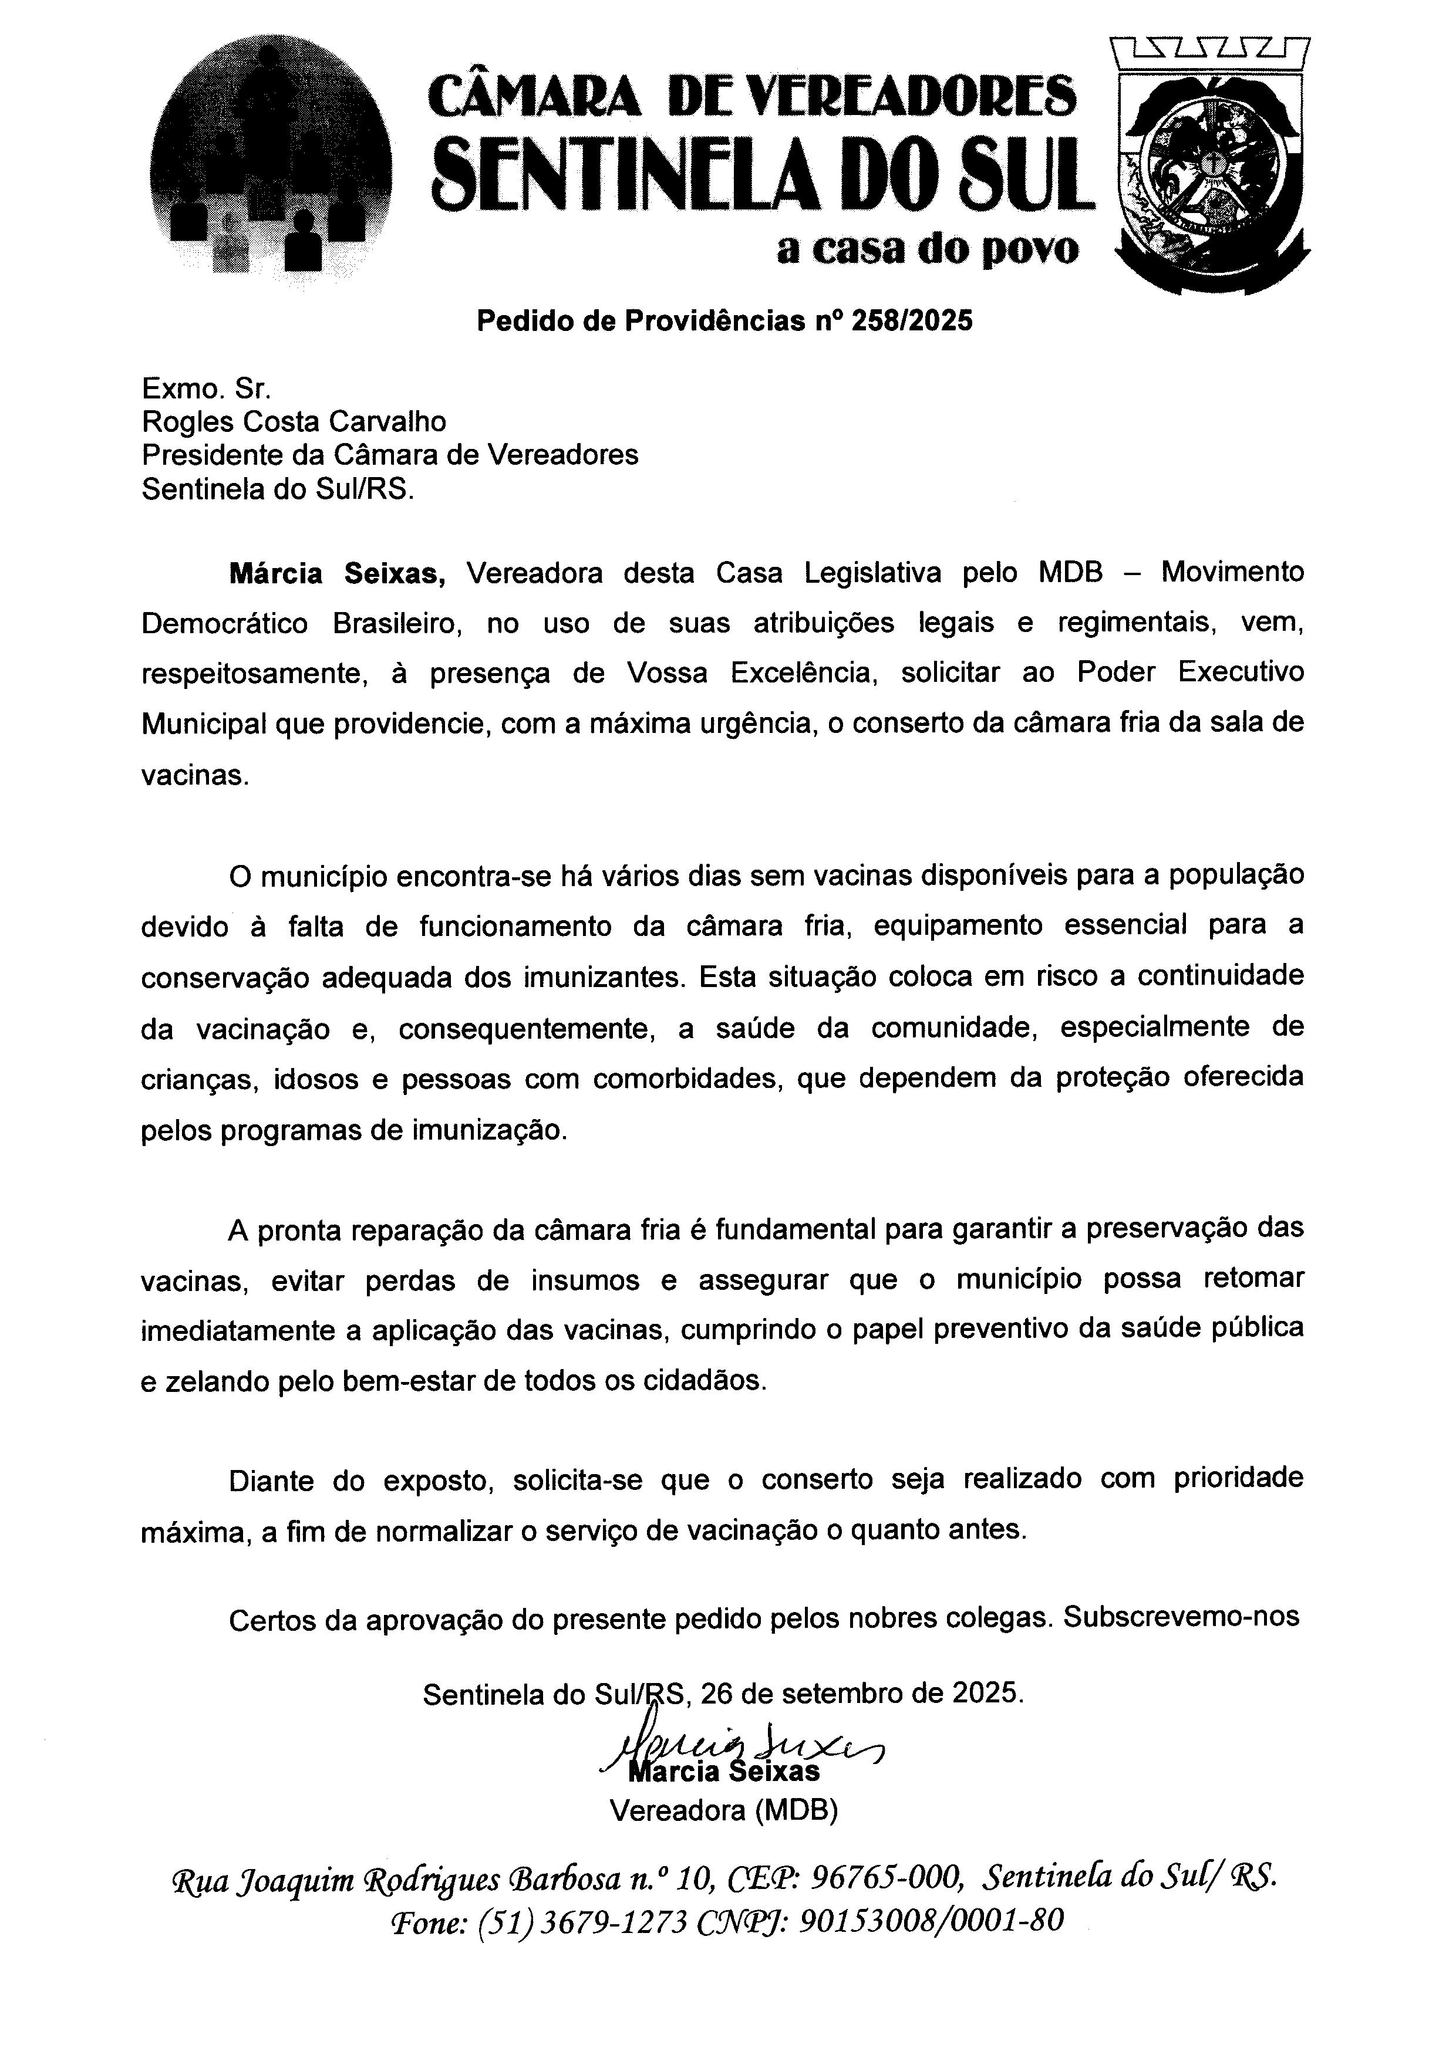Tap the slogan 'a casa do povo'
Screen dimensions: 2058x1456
928,250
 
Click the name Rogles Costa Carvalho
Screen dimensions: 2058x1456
294,421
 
